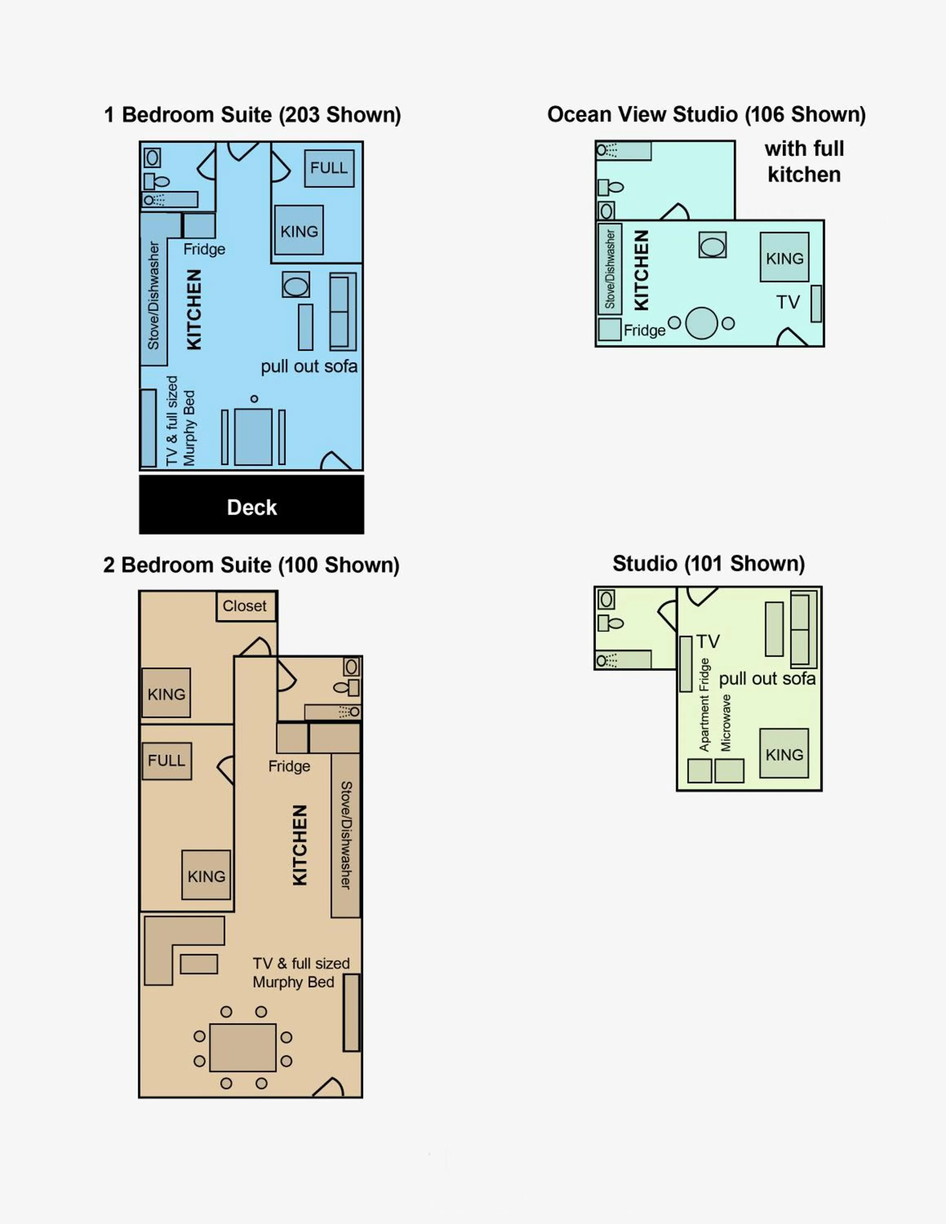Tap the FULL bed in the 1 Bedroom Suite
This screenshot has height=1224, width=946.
tap(329, 168)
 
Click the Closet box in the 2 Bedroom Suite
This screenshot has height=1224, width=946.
tap(245, 606)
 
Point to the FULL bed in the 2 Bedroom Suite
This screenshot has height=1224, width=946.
tap(167, 761)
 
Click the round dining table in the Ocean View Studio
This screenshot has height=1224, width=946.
tap(701, 324)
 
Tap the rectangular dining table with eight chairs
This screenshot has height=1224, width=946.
tap(243, 1047)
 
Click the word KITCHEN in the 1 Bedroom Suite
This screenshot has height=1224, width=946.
tap(194, 309)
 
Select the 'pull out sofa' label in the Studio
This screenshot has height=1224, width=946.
tap(767, 679)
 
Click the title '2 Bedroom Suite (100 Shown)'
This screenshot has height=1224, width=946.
tap(251, 565)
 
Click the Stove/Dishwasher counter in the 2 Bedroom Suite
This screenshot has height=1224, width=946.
tap(346, 835)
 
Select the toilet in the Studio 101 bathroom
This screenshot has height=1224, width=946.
tap(610, 623)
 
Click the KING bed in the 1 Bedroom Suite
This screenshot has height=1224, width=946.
tap(299, 231)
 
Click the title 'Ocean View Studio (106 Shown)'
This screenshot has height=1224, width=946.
tap(706, 114)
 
